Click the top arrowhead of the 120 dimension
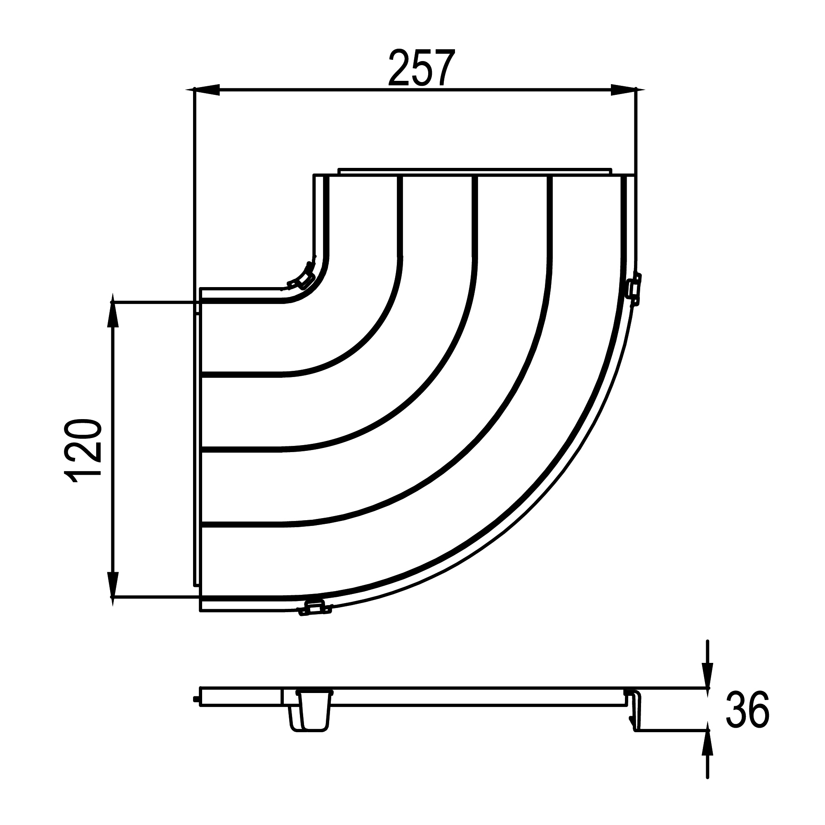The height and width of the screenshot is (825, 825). tap(113, 311)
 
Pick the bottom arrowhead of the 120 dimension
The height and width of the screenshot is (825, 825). tap(113, 589)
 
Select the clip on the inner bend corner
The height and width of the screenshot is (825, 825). tap(304, 275)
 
